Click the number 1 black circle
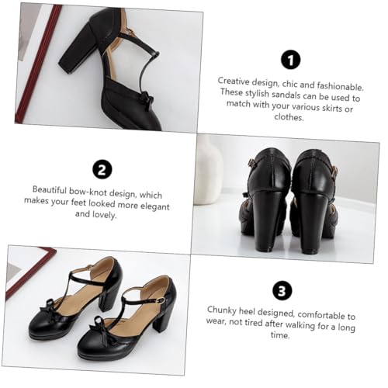click(x=291, y=59)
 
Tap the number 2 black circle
click(x=101, y=170)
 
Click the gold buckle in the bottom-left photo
click(x=161, y=300)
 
